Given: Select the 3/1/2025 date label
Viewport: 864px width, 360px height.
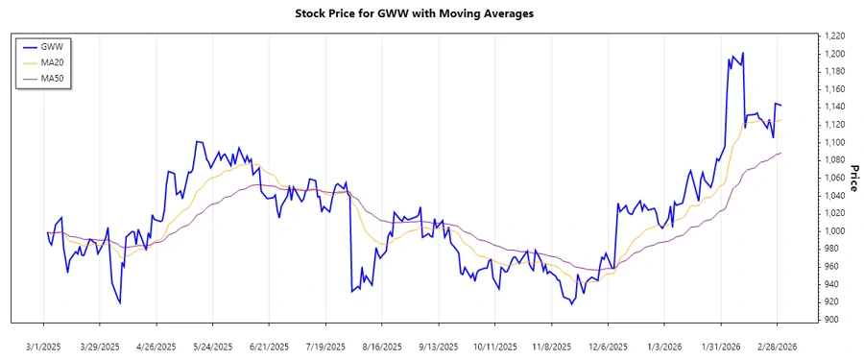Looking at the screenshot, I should point(44,346).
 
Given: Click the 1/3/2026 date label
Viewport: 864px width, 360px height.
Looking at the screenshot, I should point(665,346).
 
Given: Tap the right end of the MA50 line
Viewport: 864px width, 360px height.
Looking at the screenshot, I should point(781,153).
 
